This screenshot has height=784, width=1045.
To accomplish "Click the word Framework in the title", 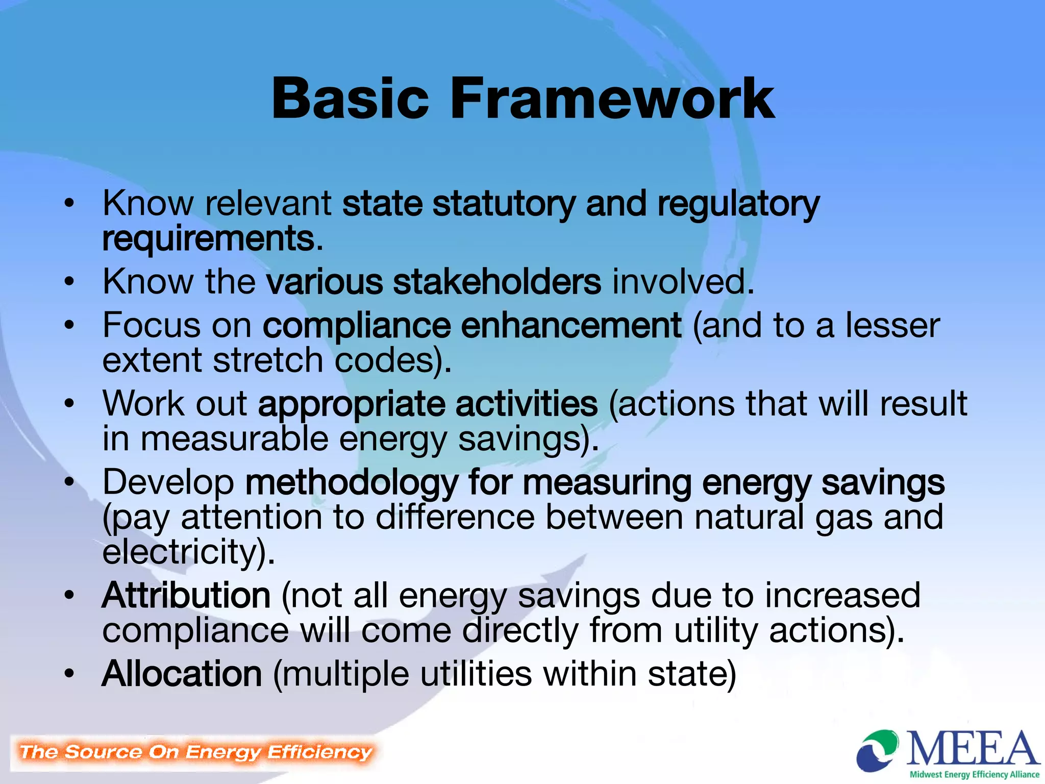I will pyautogui.click(x=612, y=98).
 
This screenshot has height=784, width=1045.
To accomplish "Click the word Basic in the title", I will pyautogui.click(x=350, y=98).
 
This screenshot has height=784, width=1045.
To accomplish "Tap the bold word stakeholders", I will pyautogui.click(x=497, y=282).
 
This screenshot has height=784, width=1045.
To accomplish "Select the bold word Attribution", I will pyautogui.click(x=186, y=596).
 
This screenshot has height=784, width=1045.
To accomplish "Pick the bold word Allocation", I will pyautogui.click(x=182, y=674).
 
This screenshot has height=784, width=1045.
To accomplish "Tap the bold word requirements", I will pyautogui.click(x=208, y=239).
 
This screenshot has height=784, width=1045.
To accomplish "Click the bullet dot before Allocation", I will pyautogui.click(x=69, y=673).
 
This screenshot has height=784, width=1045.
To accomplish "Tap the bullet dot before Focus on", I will pyautogui.click(x=69, y=325).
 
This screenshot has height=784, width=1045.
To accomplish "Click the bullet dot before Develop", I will pyautogui.click(x=69, y=482).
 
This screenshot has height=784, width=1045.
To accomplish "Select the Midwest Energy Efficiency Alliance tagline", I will pyautogui.click(x=975, y=774).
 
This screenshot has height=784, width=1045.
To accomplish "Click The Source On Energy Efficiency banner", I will pyautogui.click(x=195, y=752).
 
